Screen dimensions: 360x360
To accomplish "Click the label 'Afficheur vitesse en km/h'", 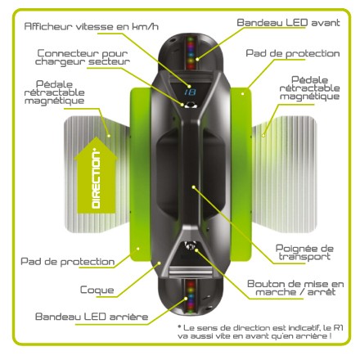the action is tap(92, 26).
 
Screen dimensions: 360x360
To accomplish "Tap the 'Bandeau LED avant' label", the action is tap(288, 22).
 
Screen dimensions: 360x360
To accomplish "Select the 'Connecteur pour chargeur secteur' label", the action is tap(83, 57).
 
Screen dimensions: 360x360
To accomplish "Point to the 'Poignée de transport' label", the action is tap(304, 253).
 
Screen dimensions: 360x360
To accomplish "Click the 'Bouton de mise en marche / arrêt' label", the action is tap(295, 288).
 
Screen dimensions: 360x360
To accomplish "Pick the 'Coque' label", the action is tap(97, 290).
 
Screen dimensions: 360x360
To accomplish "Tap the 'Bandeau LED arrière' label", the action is tap(92, 317).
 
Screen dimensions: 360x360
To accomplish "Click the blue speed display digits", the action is tap(190, 92).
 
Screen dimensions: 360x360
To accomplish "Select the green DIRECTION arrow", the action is tap(96, 175).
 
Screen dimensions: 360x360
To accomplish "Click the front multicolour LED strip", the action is tap(191, 53).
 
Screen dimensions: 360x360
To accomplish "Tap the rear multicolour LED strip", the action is tap(190, 295).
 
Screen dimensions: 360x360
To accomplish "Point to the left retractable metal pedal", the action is tap(97, 174).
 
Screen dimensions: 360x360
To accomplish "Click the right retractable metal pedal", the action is tap(284, 174).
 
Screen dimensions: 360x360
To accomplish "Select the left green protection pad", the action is tap(140, 174).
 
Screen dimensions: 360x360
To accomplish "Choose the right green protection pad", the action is tap(241, 174).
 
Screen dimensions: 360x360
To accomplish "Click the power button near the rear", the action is tap(191, 246).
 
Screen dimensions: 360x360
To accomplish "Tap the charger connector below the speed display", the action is tap(190, 105).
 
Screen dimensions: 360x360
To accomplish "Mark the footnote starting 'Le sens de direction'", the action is tap(259, 331).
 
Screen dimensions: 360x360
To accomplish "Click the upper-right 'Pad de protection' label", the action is tap(293, 53).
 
